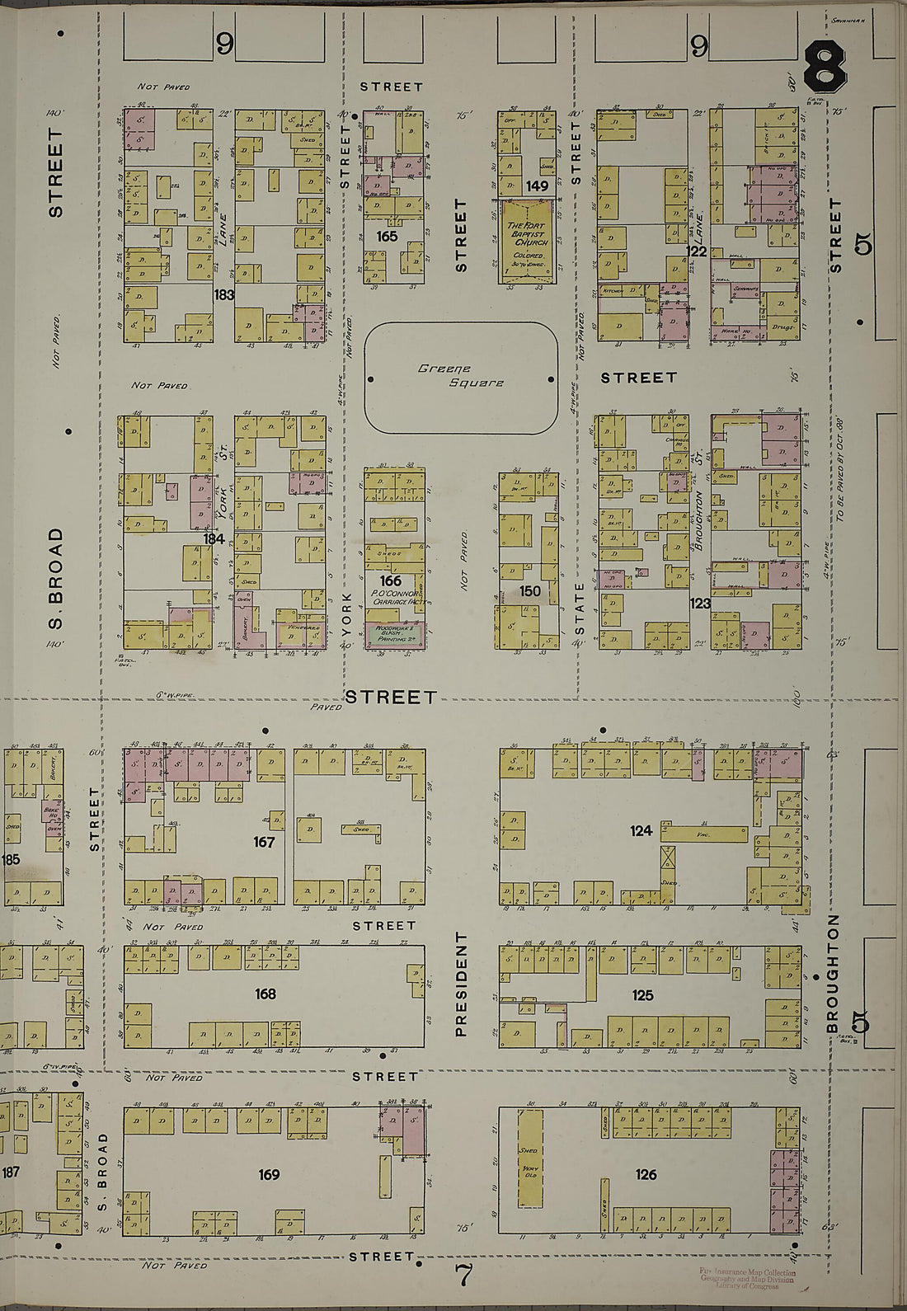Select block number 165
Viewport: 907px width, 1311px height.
[387, 236]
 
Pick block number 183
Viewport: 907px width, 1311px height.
[223, 294]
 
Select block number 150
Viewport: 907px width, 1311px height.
[530, 591]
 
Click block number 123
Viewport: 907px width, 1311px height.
[699, 604]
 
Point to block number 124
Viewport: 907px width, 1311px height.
[641, 831]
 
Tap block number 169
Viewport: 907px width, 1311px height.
[269, 1174]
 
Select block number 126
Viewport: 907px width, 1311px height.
[646, 1174]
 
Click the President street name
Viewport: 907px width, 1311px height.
[461, 984]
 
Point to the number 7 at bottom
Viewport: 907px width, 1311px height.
[464, 1276]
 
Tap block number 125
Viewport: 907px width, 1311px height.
[642, 995]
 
